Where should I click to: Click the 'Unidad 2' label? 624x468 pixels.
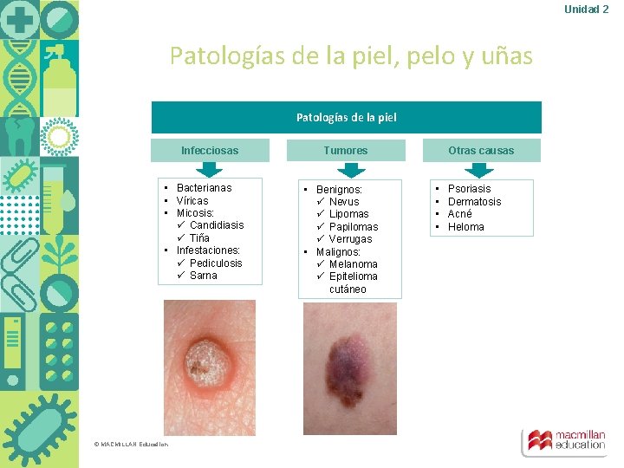point(586,9)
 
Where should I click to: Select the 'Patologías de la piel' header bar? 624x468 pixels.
point(346,117)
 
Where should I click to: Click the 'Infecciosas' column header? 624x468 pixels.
point(209,150)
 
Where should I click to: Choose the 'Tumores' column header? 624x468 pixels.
point(345,150)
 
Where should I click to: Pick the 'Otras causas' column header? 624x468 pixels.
point(481,150)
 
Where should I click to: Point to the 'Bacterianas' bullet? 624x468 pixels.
point(204,187)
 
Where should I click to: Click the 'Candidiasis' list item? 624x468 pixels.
point(217,225)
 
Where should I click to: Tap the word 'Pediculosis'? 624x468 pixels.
point(216,263)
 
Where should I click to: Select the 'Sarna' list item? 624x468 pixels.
point(204,276)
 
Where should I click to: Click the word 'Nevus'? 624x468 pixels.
point(344,202)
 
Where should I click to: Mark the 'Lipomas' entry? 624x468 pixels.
point(348,214)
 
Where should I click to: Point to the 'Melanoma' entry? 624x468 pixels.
point(353,264)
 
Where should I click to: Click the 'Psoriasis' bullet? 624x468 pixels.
point(469,189)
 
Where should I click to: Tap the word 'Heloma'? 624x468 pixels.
point(465,227)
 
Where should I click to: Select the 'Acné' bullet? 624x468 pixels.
point(459,214)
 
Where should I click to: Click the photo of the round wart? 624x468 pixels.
point(210,367)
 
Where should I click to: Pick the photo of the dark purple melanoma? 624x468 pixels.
point(350,367)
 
